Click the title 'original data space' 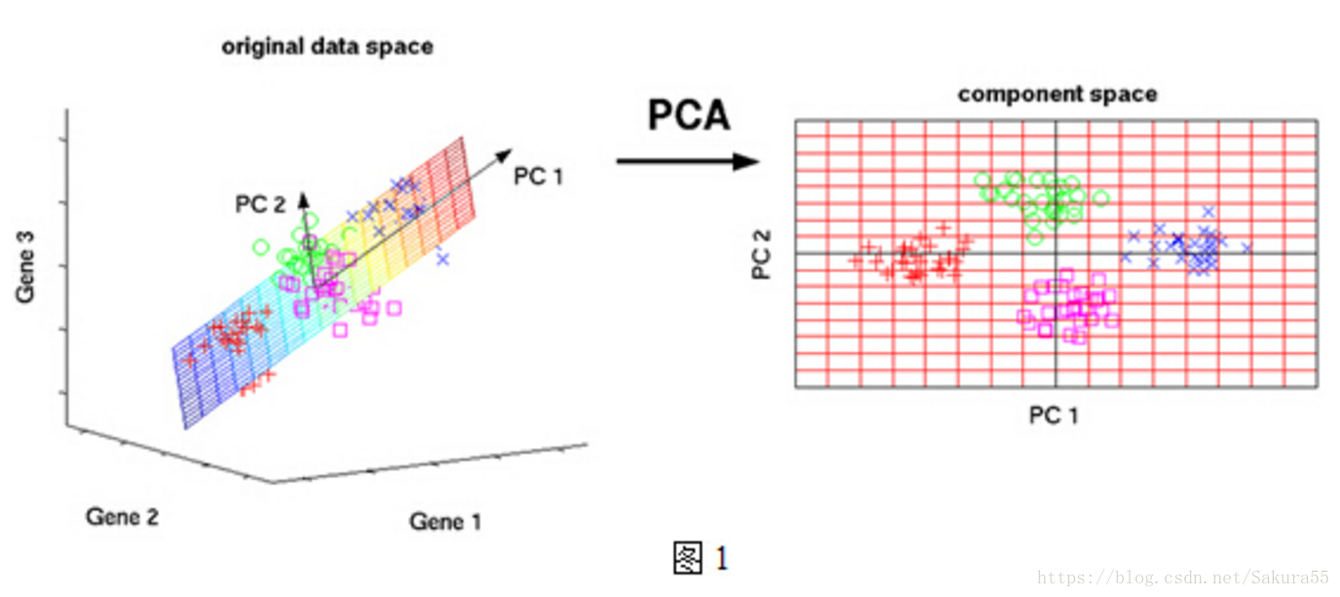(327, 47)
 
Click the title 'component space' (1058, 94)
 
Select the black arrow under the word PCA (687, 161)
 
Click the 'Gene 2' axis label (122, 516)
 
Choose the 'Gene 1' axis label (445, 521)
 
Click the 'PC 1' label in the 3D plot (539, 176)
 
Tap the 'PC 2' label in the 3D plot (260, 205)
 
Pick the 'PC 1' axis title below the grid (1054, 416)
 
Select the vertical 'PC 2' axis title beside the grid (763, 254)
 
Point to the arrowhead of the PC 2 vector (303, 197)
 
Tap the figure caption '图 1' (700, 558)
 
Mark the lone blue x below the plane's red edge (443, 258)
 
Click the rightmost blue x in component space (1246, 248)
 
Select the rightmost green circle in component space (1101, 198)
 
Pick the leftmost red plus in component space (855, 260)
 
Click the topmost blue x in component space (1209, 210)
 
